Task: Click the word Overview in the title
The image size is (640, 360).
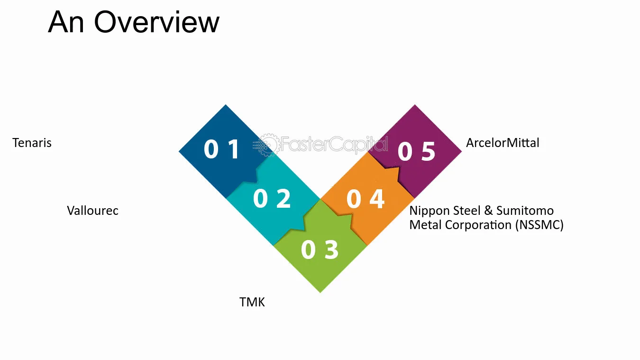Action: [x=156, y=22]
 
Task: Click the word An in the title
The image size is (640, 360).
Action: [x=66, y=22]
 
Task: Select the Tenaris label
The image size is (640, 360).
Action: [x=32, y=143]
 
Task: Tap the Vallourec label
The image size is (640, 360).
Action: [x=93, y=211]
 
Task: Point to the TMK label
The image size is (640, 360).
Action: [x=252, y=302]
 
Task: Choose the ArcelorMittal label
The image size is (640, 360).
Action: [x=503, y=143]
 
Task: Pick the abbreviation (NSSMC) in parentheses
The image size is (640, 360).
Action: [x=539, y=225]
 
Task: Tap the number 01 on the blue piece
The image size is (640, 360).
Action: [x=222, y=148]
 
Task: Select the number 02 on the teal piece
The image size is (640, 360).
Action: [x=272, y=198]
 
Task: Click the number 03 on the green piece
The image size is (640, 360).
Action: [x=320, y=249]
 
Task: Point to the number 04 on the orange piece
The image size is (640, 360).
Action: [x=366, y=199]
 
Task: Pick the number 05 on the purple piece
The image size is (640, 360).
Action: [x=416, y=151]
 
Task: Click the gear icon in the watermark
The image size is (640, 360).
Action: [x=267, y=145]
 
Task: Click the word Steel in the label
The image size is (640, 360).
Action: [x=467, y=211]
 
